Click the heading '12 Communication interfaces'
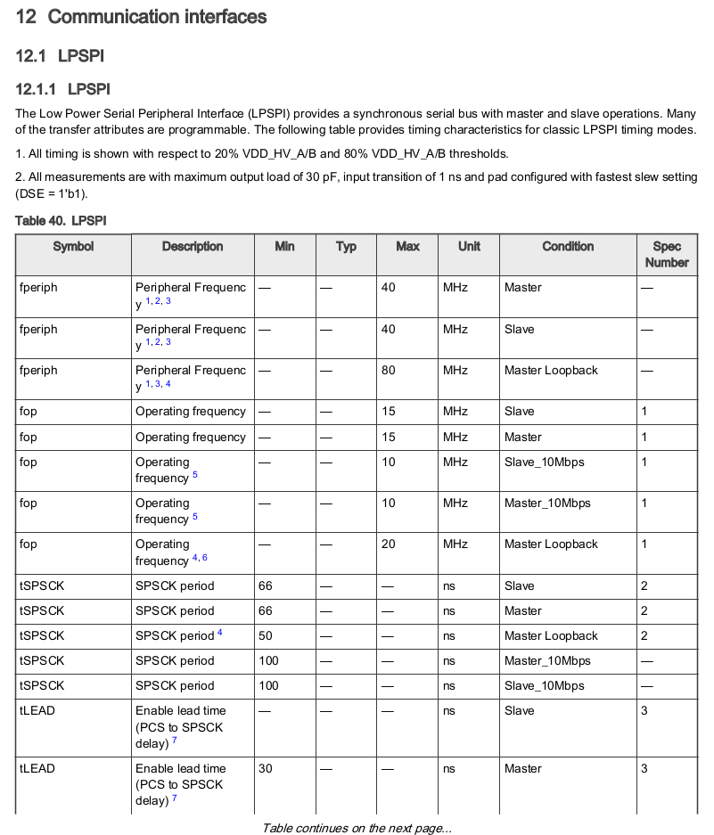click(141, 17)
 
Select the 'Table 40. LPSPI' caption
click(61, 219)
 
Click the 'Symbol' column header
click(73, 247)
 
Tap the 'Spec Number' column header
click(667, 254)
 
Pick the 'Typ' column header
click(346, 247)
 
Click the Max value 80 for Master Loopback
click(389, 370)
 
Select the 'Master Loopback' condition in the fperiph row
click(551, 370)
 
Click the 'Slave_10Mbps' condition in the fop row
click(544, 462)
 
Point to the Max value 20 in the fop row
click(389, 544)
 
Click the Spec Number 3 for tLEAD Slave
click(644, 710)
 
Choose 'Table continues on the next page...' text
click(357, 828)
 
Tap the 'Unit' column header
click(469, 247)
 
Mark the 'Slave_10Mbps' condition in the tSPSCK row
click(544, 685)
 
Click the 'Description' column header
click(193, 247)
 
